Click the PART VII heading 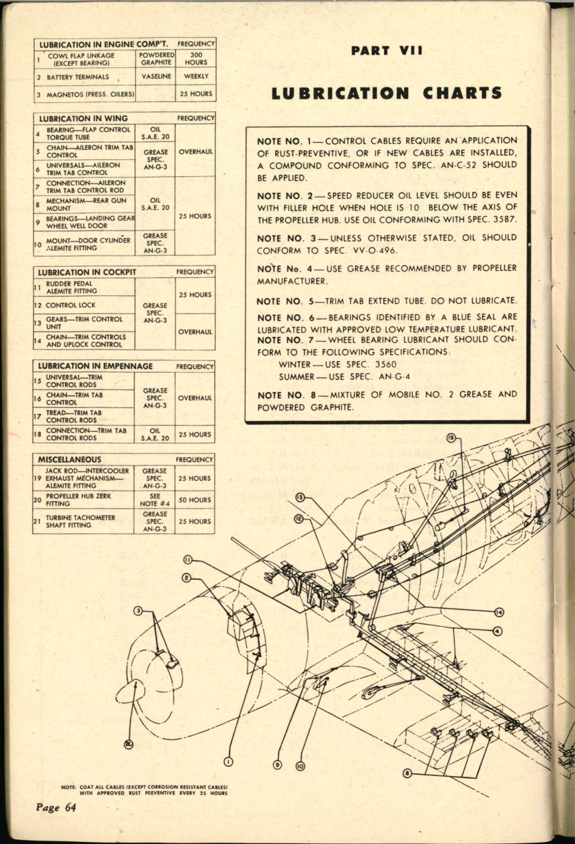tap(387, 51)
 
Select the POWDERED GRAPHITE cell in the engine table tap(155, 59)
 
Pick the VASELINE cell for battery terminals tap(155, 77)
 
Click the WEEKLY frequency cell tap(196, 77)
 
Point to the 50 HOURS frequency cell tap(196, 500)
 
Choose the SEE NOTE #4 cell tap(155, 500)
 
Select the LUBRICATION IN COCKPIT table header tap(87, 272)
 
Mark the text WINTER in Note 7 tap(294, 364)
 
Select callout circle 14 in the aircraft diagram tap(499, 612)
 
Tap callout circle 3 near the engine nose tap(138, 611)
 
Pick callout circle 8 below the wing tap(406, 773)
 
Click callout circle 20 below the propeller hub tap(128, 743)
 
